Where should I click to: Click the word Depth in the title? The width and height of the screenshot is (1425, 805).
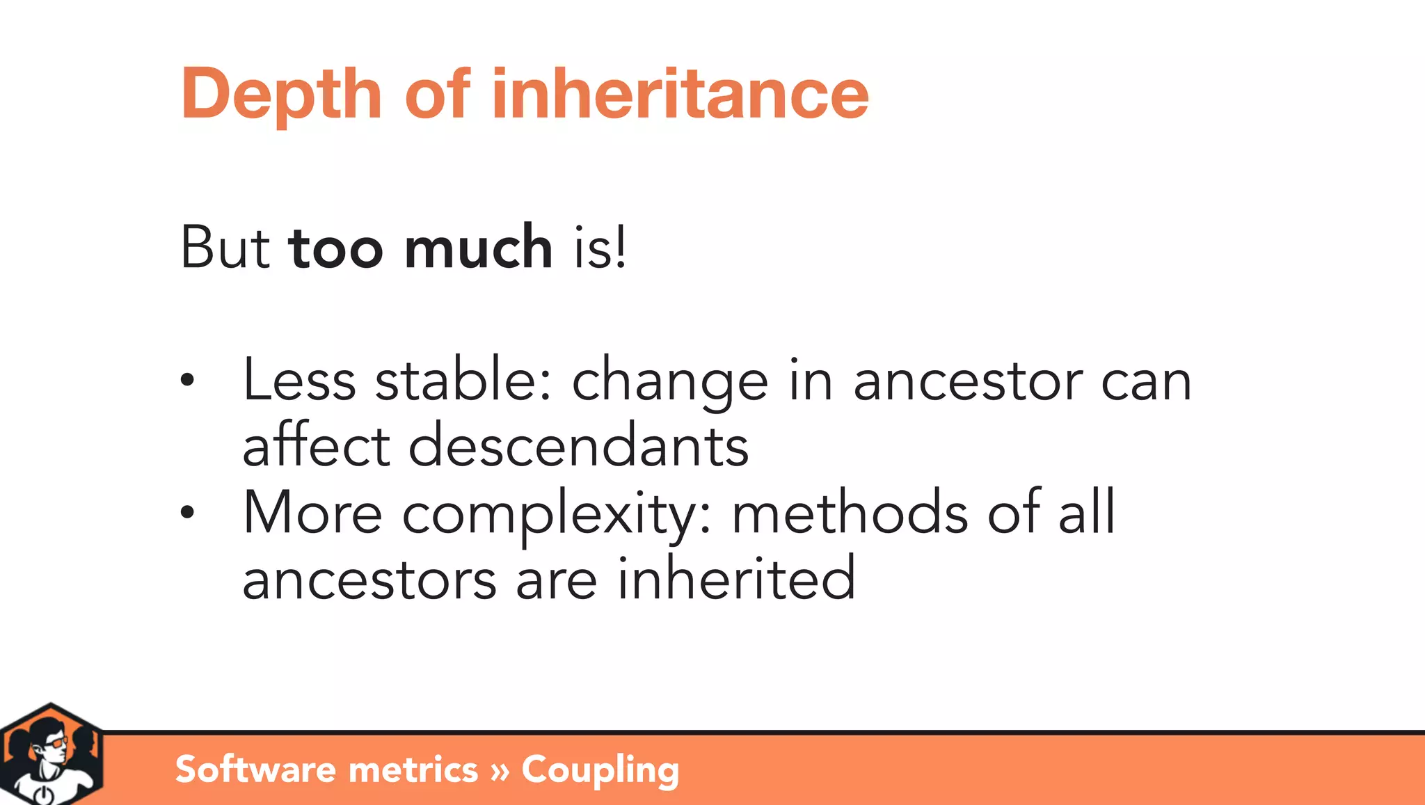(281, 95)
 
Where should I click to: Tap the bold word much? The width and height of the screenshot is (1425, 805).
(478, 248)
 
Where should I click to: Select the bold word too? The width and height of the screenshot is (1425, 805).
(335, 249)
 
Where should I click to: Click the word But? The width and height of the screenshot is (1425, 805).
(225, 248)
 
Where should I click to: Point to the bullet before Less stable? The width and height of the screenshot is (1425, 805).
(186, 380)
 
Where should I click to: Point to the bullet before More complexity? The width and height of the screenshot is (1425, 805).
(186, 513)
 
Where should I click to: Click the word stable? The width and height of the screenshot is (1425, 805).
(463, 380)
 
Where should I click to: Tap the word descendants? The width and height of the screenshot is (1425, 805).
(578, 446)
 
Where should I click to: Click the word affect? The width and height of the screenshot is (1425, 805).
(316, 446)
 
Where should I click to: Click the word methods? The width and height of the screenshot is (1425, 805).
(850, 513)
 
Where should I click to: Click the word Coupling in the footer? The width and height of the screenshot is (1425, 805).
(600, 770)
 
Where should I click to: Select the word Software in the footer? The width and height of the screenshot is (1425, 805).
(256, 769)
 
